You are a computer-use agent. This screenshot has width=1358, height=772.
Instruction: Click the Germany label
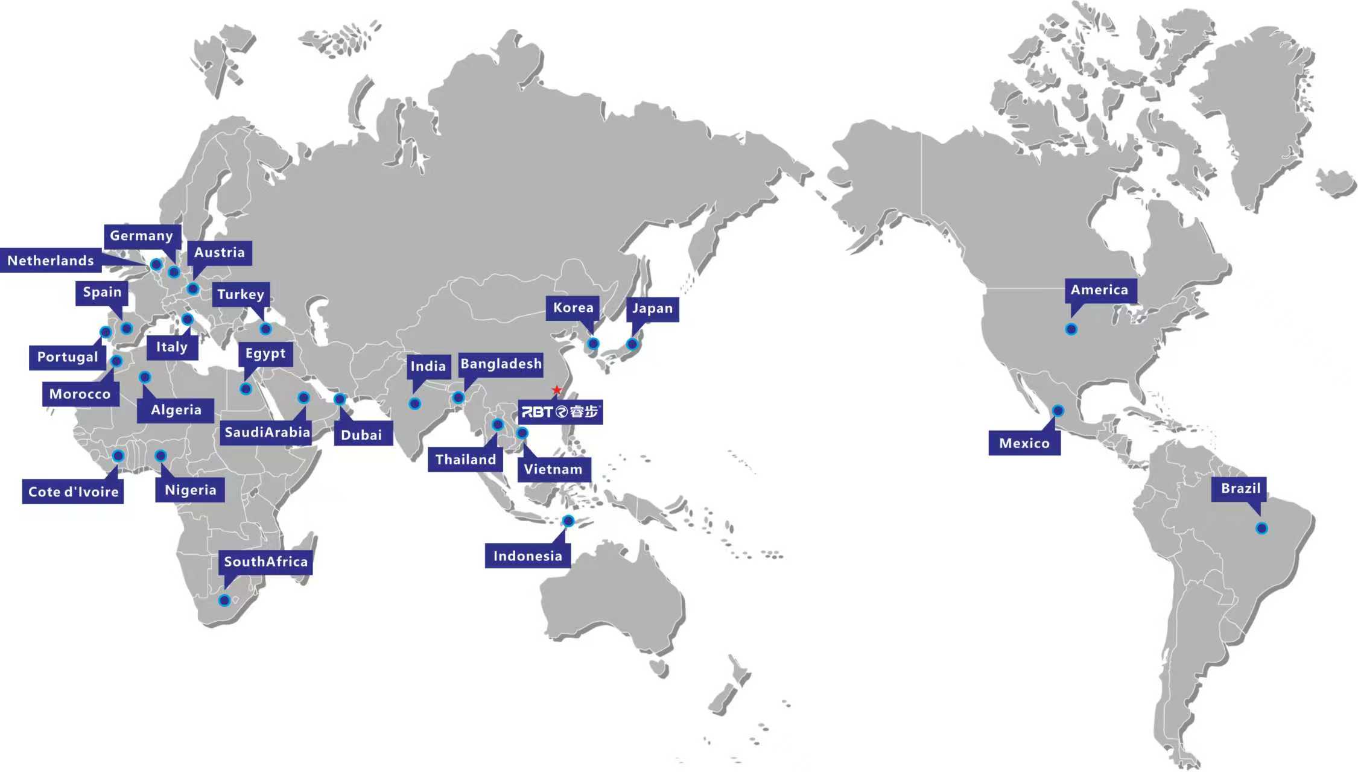[141, 236]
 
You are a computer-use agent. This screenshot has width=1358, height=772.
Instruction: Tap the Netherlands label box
[51, 261]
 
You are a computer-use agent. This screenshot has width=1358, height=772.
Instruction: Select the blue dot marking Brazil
[1261, 528]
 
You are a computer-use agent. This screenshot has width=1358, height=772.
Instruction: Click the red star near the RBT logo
[556, 390]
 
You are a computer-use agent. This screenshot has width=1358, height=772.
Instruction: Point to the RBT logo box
[560, 412]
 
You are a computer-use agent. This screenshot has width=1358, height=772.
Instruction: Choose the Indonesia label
[527, 556]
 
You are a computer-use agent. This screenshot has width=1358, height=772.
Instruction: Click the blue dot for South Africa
[224, 600]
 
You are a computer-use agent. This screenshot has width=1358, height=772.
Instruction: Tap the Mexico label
[1024, 443]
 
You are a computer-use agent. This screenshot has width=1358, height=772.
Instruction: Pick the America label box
[1099, 290]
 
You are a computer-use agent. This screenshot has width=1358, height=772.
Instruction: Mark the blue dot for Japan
[632, 344]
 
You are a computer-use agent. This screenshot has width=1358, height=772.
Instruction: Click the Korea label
[573, 308]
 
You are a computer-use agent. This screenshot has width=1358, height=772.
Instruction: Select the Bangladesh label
[501, 364]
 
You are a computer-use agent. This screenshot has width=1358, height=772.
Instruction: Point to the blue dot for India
[414, 403]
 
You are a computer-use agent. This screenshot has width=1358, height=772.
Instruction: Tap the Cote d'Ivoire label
[73, 492]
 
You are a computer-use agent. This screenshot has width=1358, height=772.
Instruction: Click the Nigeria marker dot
[160, 456]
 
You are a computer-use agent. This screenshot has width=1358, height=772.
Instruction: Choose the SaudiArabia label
[267, 432]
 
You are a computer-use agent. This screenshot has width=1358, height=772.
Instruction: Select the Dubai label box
[361, 435]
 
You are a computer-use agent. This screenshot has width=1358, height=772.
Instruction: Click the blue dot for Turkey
[265, 329]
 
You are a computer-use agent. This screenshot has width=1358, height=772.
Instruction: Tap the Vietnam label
[553, 469]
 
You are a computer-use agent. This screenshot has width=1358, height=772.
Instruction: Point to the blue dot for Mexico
[1058, 411]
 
